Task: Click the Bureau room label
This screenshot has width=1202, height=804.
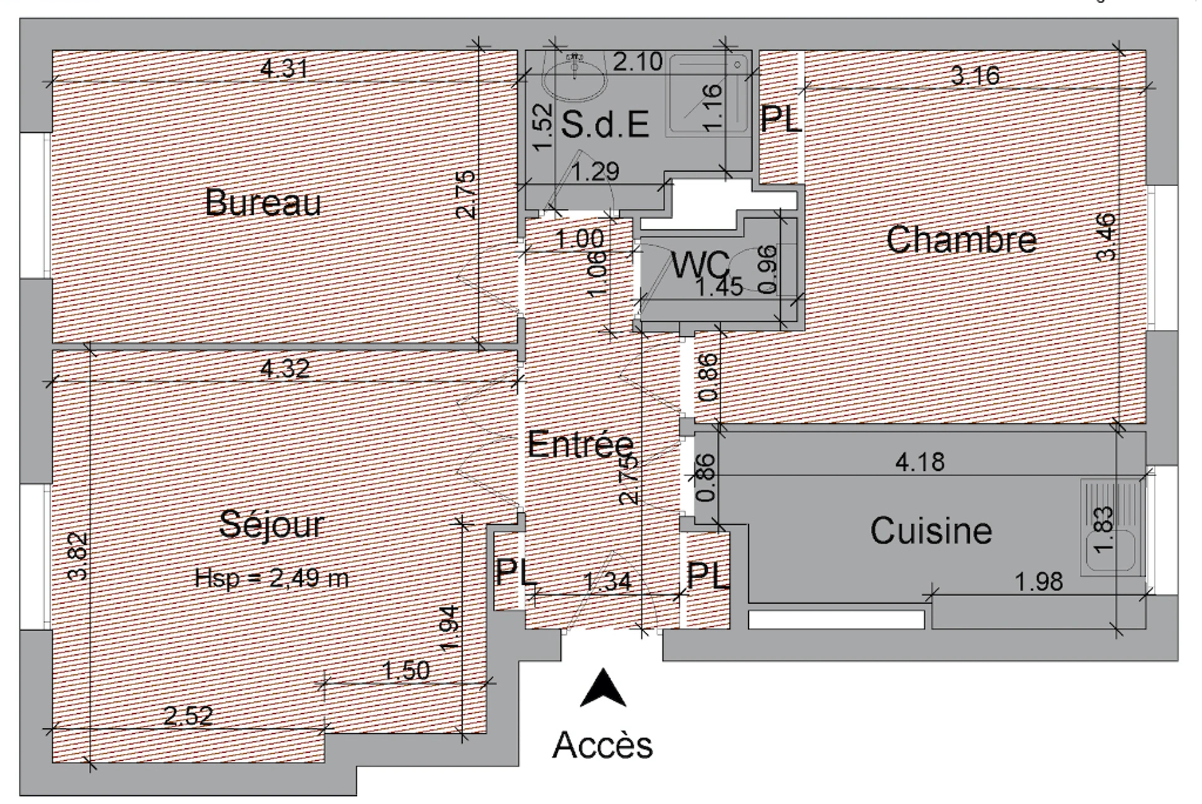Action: [x=263, y=202]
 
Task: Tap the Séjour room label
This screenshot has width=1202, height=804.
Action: [x=271, y=525]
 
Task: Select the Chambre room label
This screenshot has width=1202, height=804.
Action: [x=961, y=239]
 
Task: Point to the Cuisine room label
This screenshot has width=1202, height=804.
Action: [x=931, y=530]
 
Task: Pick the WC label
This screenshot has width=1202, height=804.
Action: [x=700, y=264]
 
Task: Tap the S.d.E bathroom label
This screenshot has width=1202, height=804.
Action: [x=604, y=123]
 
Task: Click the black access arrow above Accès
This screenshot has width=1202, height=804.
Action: [x=603, y=688]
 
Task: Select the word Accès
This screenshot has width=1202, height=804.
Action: [x=602, y=745]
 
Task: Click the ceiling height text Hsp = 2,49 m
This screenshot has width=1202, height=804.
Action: [x=271, y=577]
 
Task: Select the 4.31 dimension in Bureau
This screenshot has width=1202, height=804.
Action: [x=284, y=68]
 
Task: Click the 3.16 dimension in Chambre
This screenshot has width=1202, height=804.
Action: [x=975, y=76]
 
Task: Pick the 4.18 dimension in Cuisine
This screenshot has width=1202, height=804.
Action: [x=920, y=462]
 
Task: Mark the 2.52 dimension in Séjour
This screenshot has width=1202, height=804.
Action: [x=188, y=716]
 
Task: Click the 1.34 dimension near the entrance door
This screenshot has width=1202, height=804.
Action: [x=607, y=582]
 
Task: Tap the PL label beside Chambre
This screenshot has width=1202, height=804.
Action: [x=781, y=118]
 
